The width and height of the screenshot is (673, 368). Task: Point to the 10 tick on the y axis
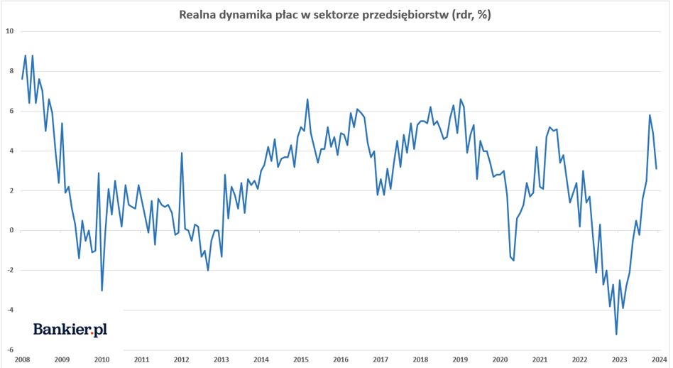coord(9,31)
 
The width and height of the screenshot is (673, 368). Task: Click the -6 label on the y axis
coord(9,350)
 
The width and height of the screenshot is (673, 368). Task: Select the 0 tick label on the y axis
coord(11,230)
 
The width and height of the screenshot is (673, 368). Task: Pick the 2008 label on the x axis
coord(21,359)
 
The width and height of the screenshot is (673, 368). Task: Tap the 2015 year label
coord(301,359)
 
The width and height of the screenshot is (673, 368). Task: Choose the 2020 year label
coord(500,359)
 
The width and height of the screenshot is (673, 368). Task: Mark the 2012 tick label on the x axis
coord(181,359)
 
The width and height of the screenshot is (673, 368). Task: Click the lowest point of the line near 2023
coord(616,334)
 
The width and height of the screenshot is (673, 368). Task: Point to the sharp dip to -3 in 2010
coord(102,290)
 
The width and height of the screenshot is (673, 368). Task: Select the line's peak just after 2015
coord(307,99)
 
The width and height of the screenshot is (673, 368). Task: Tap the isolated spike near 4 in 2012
coord(182,153)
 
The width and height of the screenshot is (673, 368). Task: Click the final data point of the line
coord(657,168)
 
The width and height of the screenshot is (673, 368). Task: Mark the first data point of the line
coord(22,79)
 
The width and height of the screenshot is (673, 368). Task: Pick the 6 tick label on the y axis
coord(11,111)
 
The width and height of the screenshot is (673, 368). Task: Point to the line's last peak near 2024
coord(650,115)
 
